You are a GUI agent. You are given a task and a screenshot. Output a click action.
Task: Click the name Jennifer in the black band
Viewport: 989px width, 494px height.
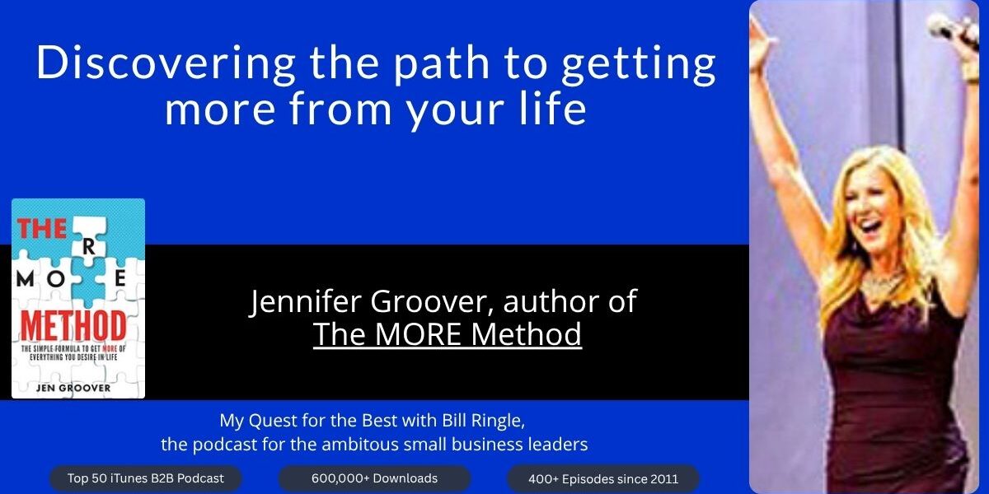(x=306, y=301)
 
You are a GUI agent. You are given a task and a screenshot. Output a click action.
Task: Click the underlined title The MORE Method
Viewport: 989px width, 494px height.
(x=448, y=334)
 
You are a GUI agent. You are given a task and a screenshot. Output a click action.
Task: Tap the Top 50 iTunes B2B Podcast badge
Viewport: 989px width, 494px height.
(x=145, y=478)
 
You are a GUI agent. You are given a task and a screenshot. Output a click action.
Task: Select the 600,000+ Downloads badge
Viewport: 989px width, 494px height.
(x=374, y=478)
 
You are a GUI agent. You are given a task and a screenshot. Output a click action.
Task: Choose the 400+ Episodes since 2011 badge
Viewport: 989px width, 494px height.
(x=603, y=478)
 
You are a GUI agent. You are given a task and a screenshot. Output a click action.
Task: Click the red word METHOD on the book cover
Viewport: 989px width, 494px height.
(x=73, y=327)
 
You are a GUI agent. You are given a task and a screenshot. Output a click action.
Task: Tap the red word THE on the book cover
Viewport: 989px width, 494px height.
(x=41, y=229)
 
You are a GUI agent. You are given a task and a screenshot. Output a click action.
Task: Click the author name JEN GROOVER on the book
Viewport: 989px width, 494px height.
(x=73, y=388)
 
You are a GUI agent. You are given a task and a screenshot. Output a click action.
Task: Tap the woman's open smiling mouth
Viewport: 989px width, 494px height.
(x=871, y=230)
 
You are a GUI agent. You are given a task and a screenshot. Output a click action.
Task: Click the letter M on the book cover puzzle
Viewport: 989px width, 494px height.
(x=26, y=279)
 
